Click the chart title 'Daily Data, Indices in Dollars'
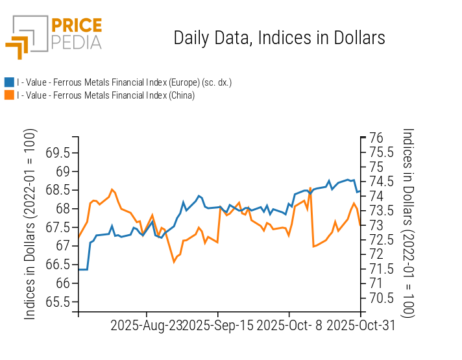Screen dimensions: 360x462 point(279,38)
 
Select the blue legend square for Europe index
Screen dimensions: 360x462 point(9,82)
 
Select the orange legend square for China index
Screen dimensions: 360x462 point(9,95)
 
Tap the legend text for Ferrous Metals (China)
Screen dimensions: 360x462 point(106,95)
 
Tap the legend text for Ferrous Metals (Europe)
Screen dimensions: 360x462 point(124,82)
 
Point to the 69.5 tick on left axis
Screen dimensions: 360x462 point(58,153)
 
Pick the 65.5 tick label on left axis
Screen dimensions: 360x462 point(58,302)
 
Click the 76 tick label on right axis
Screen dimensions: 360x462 point(376,138)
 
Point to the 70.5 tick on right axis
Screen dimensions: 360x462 point(381,298)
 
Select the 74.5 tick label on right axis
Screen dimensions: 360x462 point(381,182)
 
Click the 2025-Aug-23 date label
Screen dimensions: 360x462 point(146,326)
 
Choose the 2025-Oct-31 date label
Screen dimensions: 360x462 point(361,326)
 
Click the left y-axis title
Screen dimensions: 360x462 point(30,224)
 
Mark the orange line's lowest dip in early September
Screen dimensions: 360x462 point(174,261)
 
